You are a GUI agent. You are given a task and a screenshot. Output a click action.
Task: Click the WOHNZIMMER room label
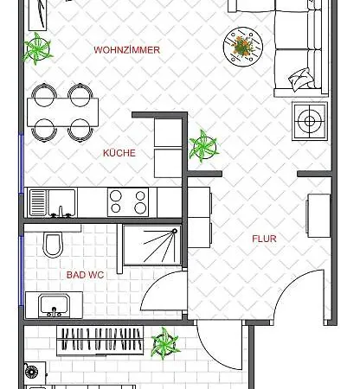(126, 50)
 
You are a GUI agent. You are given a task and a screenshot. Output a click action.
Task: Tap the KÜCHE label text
(119, 153)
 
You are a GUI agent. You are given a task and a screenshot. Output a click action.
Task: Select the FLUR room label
(265, 239)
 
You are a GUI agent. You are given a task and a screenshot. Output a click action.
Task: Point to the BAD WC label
(86, 275)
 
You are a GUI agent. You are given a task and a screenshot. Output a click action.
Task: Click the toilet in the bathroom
(52, 245)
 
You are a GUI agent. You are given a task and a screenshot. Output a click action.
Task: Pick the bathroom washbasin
(53, 305)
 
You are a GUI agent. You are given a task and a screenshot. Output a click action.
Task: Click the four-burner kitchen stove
(128, 201)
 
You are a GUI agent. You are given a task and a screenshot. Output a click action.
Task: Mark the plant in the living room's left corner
(36, 48)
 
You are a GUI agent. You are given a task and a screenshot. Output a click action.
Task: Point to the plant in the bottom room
(164, 344)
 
